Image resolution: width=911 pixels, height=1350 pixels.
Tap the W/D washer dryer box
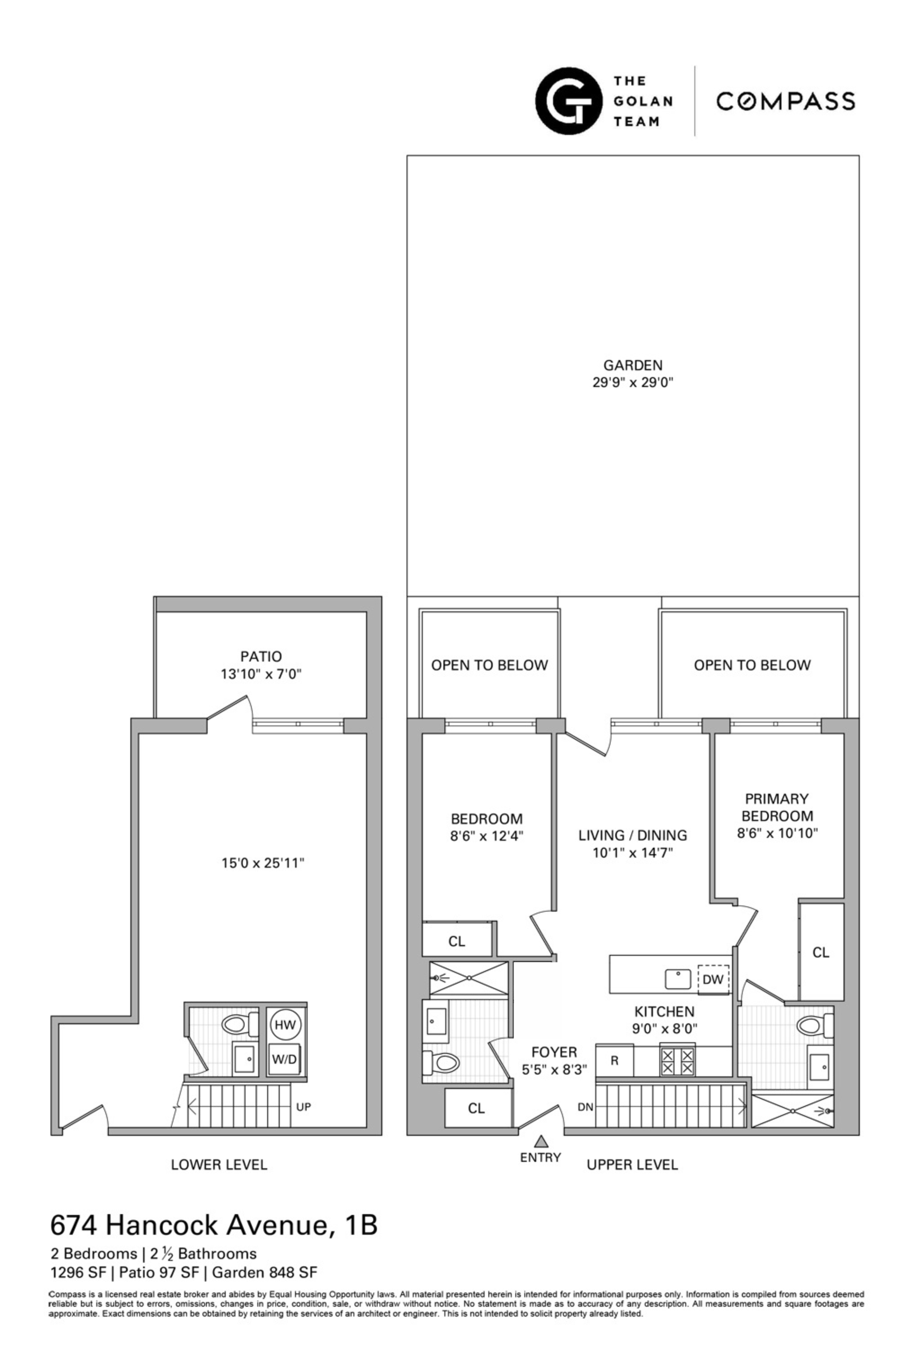click(x=285, y=1059)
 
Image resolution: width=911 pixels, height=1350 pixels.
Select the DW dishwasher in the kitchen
click(x=712, y=979)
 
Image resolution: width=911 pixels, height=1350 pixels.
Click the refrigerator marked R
click(x=614, y=1060)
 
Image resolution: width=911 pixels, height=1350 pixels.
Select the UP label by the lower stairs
click(x=303, y=1107)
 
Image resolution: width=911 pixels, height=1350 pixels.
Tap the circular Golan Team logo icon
click(x=568, y=101)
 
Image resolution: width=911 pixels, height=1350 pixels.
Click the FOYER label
click(x=554, y=1052)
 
